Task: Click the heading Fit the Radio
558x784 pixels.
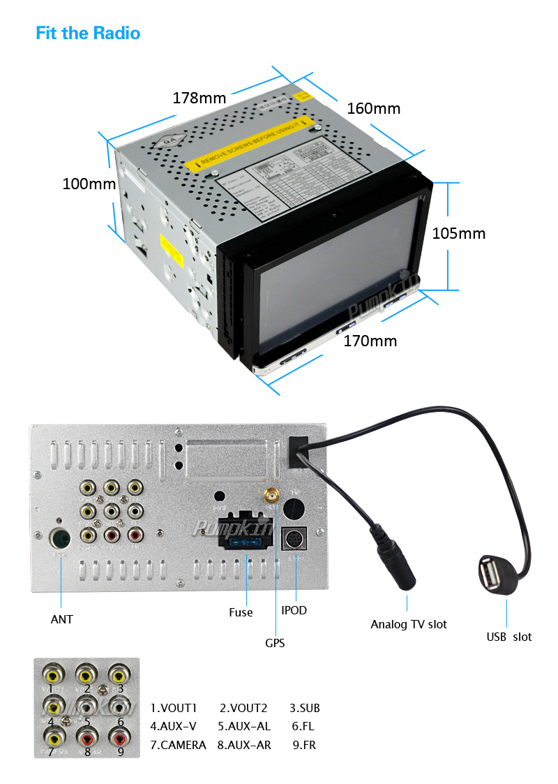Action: pos(88,33)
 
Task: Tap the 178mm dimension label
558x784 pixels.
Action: pos(199,98)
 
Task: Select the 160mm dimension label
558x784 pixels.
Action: pos(374,108)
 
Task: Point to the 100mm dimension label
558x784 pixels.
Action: pos(89,184)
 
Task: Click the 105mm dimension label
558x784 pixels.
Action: pos(458,233)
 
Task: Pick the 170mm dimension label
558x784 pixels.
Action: pos(370,341)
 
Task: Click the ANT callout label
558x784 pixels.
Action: pos(61,619)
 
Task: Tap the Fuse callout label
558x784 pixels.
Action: pos(241,612)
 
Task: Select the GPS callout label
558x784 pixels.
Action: pos(275,643)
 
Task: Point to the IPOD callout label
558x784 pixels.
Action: pos(294,610)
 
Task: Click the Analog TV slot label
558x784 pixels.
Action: pos(409,624)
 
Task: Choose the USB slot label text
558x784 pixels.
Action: pos(508,637)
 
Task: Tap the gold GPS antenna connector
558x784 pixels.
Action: pos(269,498)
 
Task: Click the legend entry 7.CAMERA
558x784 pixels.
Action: pos(178,745)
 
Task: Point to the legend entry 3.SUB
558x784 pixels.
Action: pos(304,708)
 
